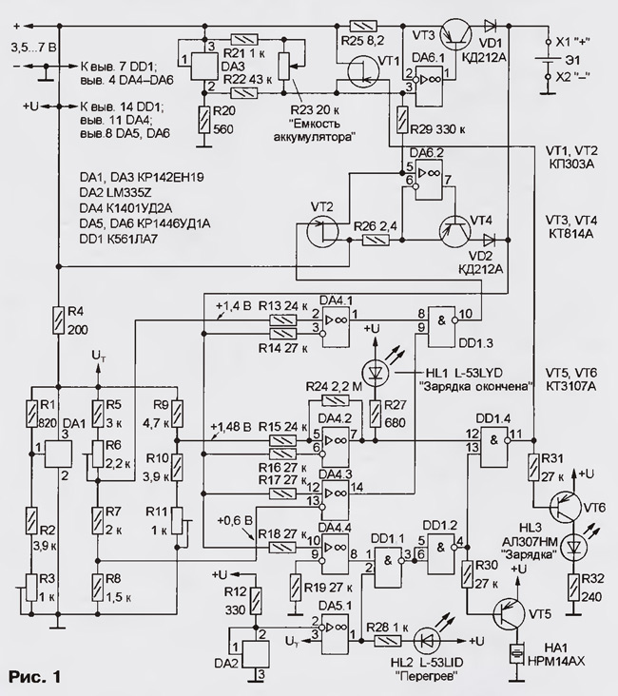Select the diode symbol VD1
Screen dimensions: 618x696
point(490,27)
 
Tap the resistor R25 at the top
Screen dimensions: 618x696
point(363,27)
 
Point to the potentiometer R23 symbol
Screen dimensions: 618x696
point(284,67)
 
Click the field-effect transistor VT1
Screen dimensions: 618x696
point(363,72)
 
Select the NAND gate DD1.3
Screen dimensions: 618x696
point(442,326)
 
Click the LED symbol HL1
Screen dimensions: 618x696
point(376,372)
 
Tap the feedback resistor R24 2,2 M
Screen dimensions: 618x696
point(336,400)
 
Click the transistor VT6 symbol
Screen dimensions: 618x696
point(564,507)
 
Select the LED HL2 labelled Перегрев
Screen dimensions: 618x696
point(426,641)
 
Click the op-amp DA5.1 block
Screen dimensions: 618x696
point(336,635)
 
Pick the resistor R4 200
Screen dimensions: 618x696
point(58,320)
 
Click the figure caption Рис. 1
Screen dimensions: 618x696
point(34,677)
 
